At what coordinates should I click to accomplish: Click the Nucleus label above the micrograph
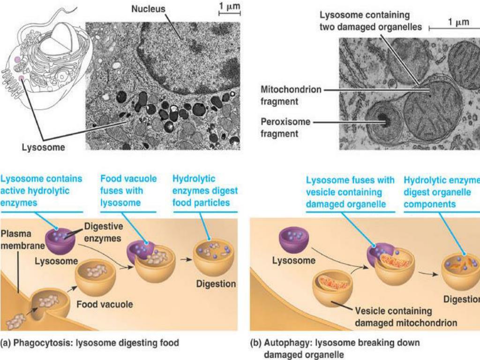coord(148,9)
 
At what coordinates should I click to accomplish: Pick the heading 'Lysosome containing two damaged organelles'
coord(371,21)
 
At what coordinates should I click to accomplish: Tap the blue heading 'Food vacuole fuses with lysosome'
coord(128,191)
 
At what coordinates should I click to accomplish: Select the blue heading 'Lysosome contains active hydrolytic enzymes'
coord(42,191)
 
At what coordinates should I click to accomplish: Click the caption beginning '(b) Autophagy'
coord(335,348)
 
